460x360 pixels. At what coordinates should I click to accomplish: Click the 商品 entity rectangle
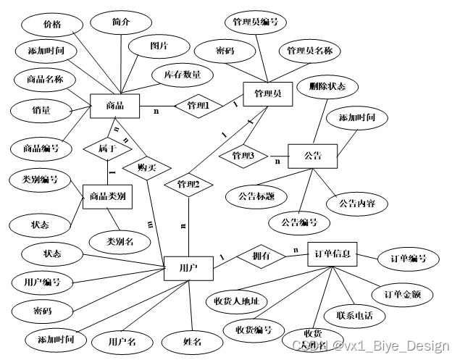(114, 106)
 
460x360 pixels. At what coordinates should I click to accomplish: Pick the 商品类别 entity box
(108, 196)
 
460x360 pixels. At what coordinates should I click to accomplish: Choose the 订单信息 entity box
(333, 255)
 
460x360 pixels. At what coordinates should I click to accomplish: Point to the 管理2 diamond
(188, 184)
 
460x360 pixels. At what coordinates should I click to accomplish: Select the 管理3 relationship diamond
(244, 155)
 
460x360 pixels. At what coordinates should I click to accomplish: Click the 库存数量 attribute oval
(182, 75)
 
